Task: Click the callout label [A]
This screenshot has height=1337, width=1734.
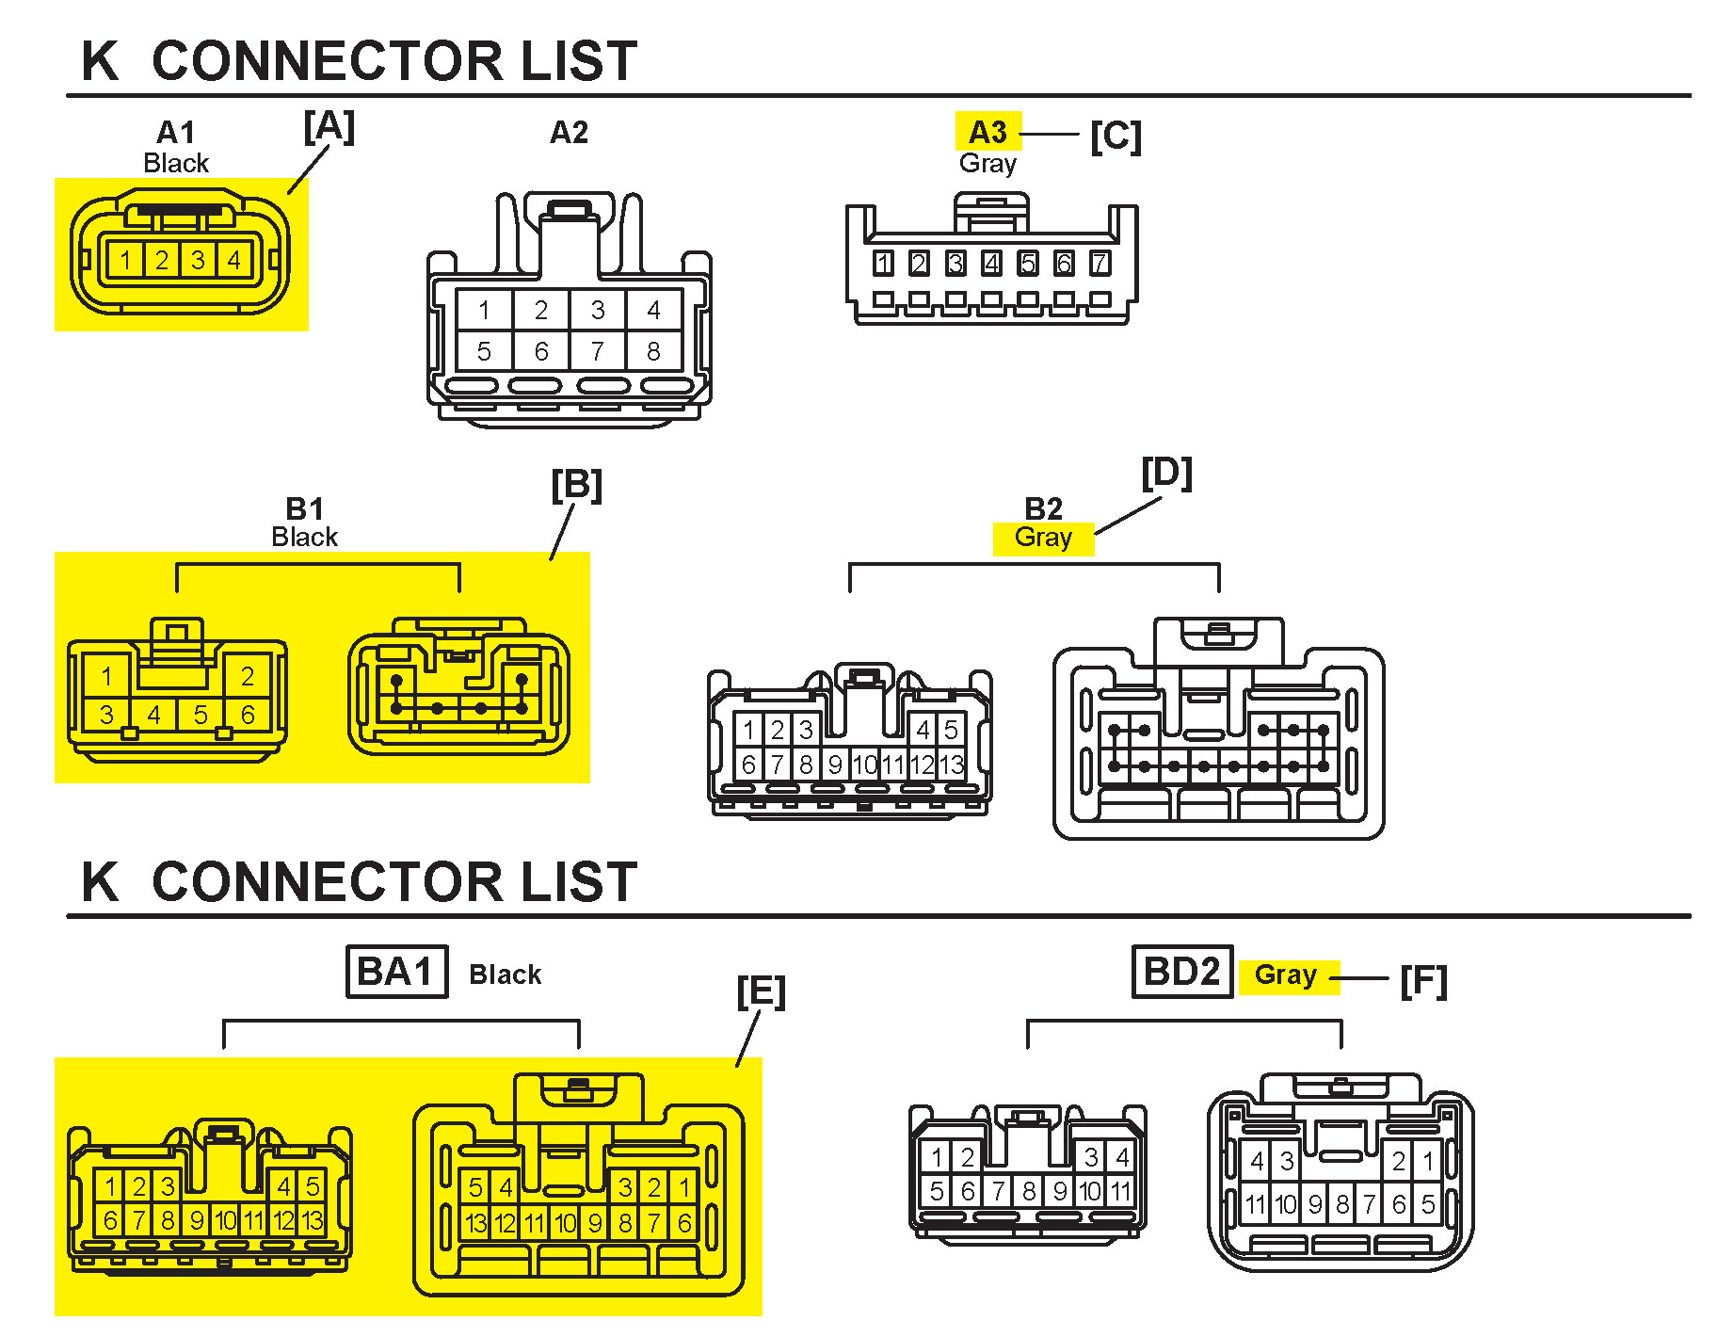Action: tap(329, 126)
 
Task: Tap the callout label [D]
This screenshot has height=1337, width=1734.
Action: tap(1166, 474)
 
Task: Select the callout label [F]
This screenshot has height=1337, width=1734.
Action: tap(1423, 981)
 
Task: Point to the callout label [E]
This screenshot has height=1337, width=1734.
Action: tap(761, 992)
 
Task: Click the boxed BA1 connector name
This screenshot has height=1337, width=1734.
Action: tap(396, 972)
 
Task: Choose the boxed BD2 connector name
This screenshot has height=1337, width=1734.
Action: tap(1181, 972)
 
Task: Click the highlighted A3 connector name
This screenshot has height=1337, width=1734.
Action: tap(987, 132)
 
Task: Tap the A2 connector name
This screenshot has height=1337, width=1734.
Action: tap(569, 133)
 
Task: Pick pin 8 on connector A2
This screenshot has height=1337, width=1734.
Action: tap(653, 351)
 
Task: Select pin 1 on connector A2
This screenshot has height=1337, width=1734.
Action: tap(484, 310)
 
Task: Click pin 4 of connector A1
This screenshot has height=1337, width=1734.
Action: tap(233, 260)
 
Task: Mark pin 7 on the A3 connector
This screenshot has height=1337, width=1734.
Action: tap(1100, 264)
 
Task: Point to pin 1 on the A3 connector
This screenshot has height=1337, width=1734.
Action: tap(883, 264)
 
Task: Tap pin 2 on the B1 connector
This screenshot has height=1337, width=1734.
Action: tap(248, 676)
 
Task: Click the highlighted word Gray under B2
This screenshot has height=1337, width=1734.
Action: tap(1043, 538)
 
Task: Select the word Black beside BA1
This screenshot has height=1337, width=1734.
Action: tap(506, 975)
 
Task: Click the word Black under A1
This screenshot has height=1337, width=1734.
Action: tap(176, 163)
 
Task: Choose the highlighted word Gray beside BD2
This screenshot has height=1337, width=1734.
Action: tap(1285, 975)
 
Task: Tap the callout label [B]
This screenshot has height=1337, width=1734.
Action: tap(576, 486)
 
